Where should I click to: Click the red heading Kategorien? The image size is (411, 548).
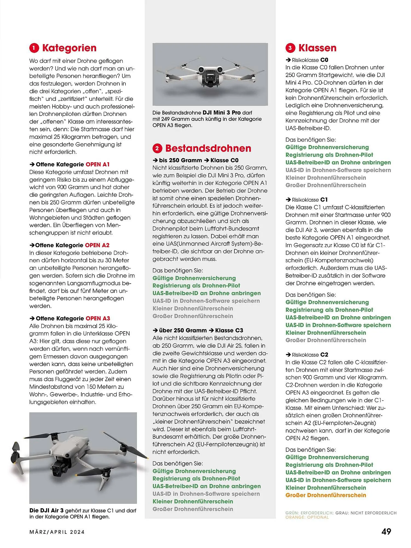[x=69, y=48]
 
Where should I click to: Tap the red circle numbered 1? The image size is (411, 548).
[x=34, y=48]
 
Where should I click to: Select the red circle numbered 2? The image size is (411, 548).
[x=157, y=149]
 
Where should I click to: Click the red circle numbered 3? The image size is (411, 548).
[x=290, y=48]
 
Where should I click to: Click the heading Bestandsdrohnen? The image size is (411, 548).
[x=208, y=148]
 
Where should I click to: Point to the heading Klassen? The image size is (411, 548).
[x=317, y=48]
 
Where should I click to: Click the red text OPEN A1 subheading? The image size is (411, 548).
[x=97, y=164]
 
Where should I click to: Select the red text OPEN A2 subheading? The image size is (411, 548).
[x=97, y=245]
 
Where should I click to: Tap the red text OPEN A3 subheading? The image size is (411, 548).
[x=98, y=318]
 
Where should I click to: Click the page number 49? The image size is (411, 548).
[x=386, y=532]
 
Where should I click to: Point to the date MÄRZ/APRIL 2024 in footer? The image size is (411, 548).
[x=57, y=532]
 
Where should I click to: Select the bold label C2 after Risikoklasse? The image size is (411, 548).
[x=324, y=355]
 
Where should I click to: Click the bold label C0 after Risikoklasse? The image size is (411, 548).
[x=324, y=60]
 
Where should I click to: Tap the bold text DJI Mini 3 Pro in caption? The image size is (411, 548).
[x=222, y=113]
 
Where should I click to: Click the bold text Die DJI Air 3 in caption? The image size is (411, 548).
[x=47, y=510]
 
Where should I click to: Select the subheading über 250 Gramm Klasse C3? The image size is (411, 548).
[x=198, y=330]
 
